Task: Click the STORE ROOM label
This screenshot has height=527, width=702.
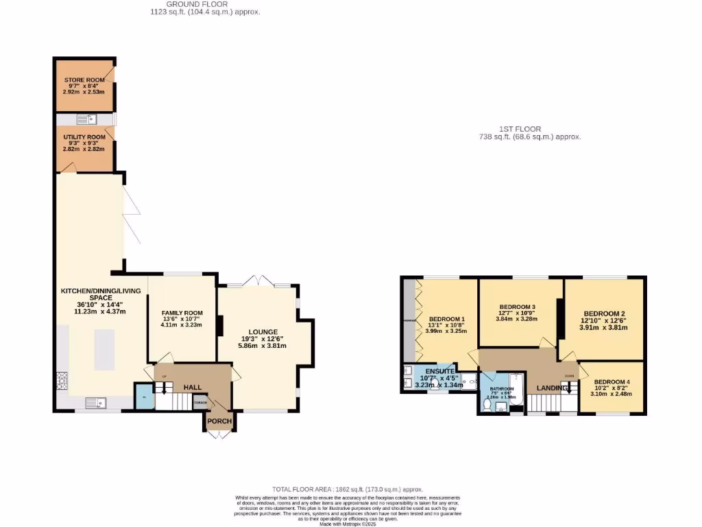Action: point(84,80)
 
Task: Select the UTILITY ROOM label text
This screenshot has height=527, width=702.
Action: point(84,137)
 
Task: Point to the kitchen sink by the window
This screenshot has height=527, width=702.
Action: point(93,402)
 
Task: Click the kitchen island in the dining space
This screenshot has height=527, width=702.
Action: point(104,350)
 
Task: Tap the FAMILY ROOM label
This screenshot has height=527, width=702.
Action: point(182,313)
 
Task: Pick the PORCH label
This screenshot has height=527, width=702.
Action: point(219,421)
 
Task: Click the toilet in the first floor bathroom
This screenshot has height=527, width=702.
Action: point(487,406)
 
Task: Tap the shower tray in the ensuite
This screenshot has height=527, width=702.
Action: point(470,382)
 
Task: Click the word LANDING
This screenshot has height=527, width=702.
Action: point(552,388)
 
